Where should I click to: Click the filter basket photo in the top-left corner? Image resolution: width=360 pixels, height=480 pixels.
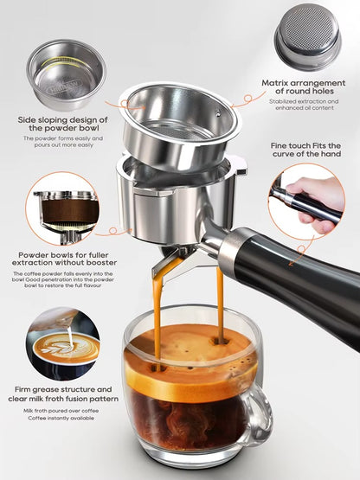point(65,74)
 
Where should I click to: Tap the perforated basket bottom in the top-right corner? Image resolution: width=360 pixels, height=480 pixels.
point(307,36)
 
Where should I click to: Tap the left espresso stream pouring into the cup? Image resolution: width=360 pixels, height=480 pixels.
point(157,311)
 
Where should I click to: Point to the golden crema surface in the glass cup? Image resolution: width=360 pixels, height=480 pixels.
point(186,355)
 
